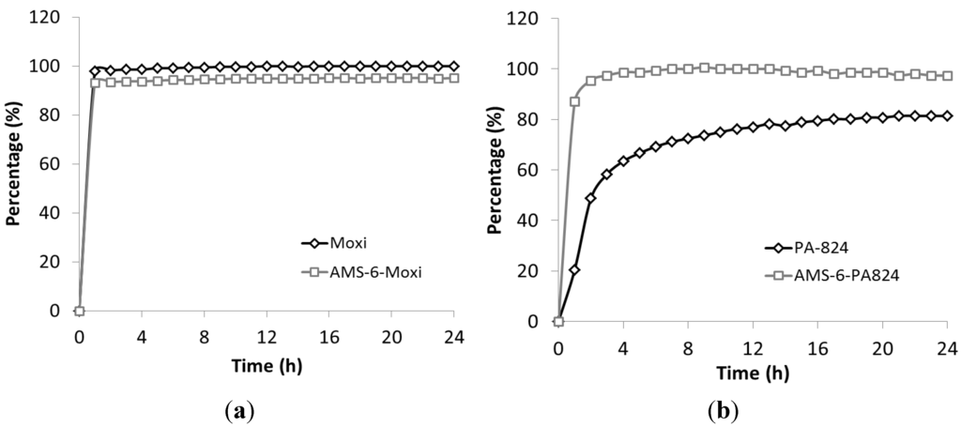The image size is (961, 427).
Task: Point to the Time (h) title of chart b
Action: (x=753, y=374)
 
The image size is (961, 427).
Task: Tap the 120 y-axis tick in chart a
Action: (x=50, y=17)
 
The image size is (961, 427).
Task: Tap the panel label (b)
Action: (x=725, y=410)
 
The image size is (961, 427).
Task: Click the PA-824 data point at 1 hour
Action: (x=574, y=269)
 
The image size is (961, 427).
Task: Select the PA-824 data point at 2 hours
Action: (x=590, y=198)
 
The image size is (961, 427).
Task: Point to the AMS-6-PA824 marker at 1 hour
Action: (x=574, y=101)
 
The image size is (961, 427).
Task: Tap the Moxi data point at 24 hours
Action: (x=454, y=66)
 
